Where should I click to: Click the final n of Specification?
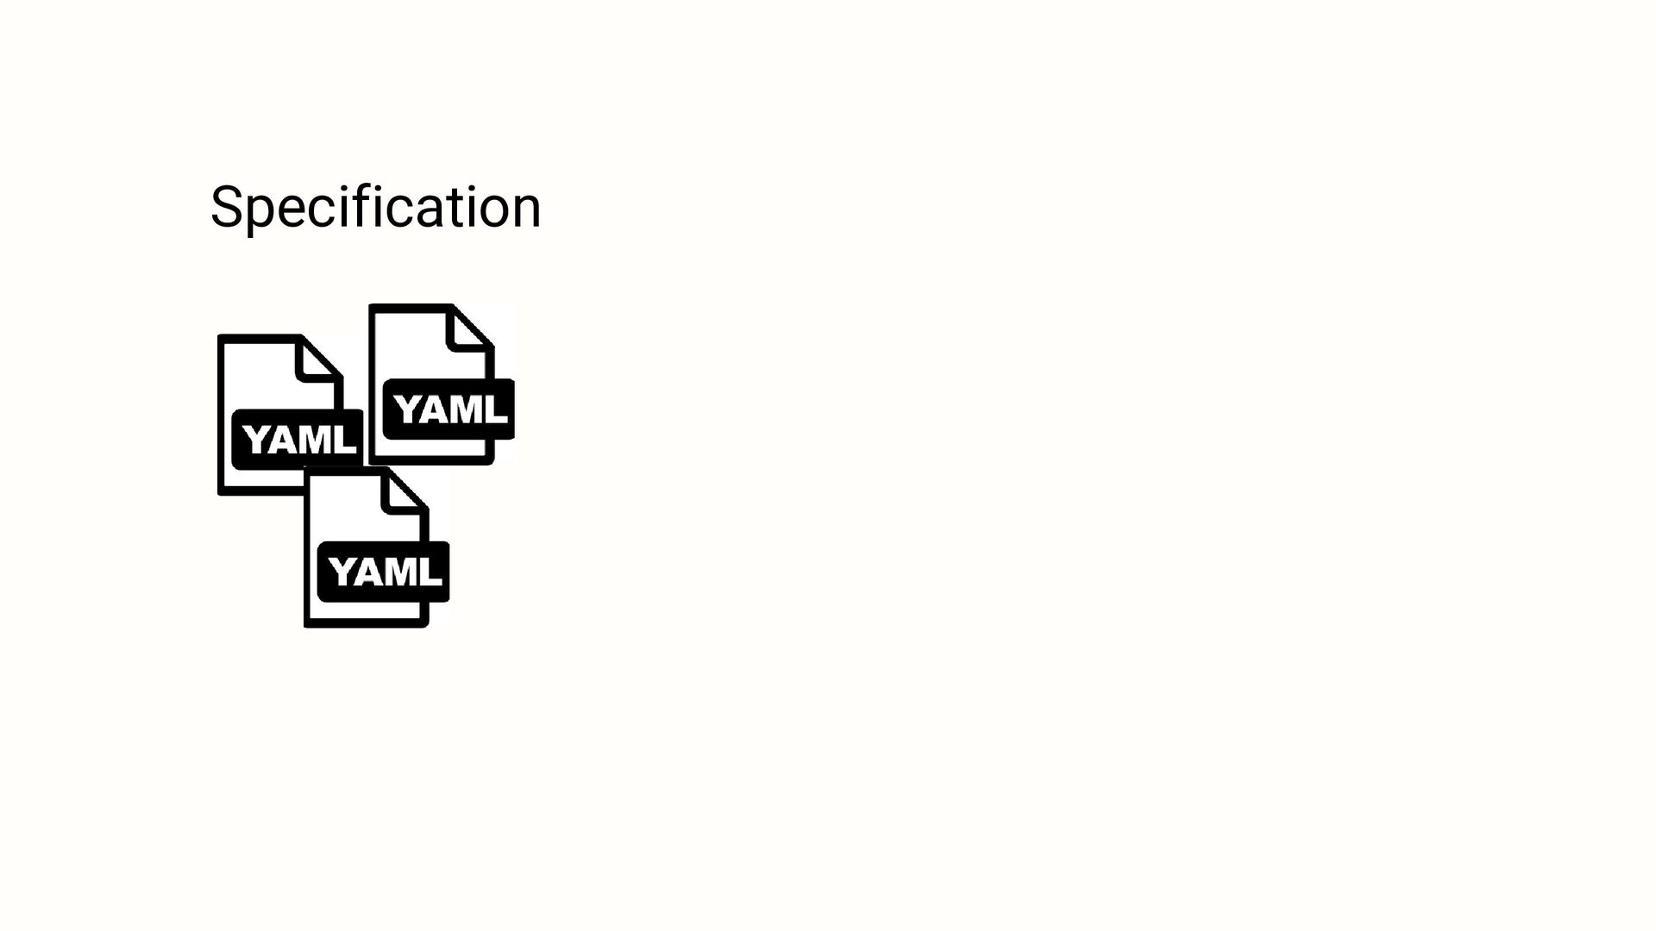click(525, 211)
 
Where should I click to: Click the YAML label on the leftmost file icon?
click(298, 440)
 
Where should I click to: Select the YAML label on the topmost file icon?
click(449, 409)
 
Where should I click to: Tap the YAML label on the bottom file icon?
click(385, 572)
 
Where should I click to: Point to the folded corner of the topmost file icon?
click(469, 330)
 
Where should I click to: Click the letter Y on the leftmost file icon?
click(256, 440)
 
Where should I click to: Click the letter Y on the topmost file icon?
click(407, 409)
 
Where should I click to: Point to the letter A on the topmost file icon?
click(436, 409)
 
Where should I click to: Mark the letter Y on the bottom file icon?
click(342, 572)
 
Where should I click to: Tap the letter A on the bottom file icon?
click(371, 572)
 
